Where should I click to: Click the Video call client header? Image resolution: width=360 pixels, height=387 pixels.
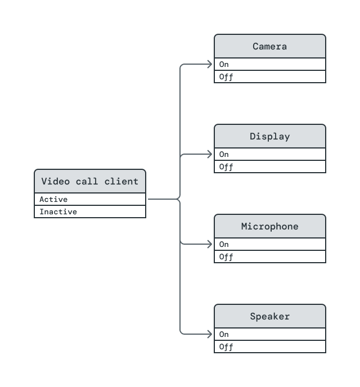(90, 181)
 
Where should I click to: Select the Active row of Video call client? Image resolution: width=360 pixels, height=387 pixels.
(90, 199)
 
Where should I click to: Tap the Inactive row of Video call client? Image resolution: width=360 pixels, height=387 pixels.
(90, 212)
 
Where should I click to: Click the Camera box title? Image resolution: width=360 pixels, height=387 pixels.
(270, 46)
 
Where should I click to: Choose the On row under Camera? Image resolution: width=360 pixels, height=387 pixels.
(270, 64)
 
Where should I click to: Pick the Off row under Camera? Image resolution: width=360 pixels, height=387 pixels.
(270, 77)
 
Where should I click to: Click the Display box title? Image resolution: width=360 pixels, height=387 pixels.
(270, 136)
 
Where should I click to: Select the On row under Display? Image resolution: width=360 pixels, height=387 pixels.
(270, 154)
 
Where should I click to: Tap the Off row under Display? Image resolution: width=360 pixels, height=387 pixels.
(270, 167)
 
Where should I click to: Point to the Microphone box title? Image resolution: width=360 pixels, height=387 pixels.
(270, 226)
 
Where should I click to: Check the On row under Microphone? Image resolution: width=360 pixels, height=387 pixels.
(270, 244)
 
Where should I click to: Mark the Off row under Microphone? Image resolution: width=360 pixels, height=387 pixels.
(270, 257)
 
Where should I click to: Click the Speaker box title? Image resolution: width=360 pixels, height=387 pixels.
(270, 316)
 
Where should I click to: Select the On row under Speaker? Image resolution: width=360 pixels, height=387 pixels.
(270, 334)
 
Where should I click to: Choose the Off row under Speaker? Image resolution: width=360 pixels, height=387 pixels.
(270, 347)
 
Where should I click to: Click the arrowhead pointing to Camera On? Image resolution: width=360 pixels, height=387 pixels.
(210, 64)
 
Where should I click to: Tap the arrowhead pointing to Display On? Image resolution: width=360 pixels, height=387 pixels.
(210, 154)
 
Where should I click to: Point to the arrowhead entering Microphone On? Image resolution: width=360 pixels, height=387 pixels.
(210, 244)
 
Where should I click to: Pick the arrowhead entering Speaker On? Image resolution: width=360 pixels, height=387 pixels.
(210, 334)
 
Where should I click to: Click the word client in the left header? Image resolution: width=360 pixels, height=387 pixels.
(121, 181)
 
